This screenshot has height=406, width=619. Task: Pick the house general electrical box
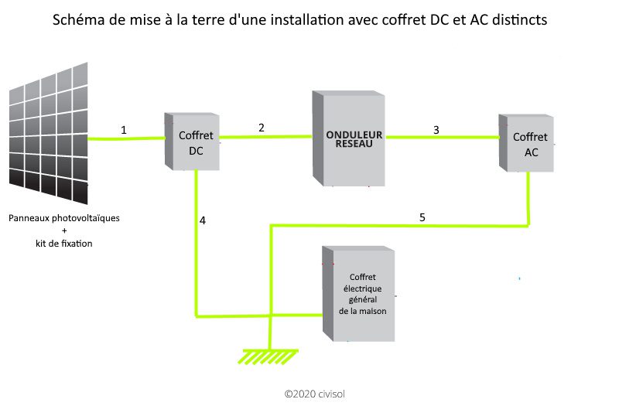click(x=360, y=294)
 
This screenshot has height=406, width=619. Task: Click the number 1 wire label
click(x=124, y=130)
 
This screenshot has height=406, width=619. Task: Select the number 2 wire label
click(x=262, y=127)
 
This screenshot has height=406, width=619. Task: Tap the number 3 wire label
click(x=436, y=130)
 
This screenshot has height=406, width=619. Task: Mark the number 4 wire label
click(x=203, y=220)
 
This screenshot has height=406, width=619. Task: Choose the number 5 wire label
click(x=422, y=217)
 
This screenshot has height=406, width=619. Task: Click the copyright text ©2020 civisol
click(x=314, y=394)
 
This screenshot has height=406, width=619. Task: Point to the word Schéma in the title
click(x=77, y=20)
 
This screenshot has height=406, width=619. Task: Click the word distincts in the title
click(x=520, y=20)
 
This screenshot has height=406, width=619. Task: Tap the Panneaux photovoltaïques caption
click(x=64, y=218)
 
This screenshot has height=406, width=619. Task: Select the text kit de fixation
click(x=64, y=244)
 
